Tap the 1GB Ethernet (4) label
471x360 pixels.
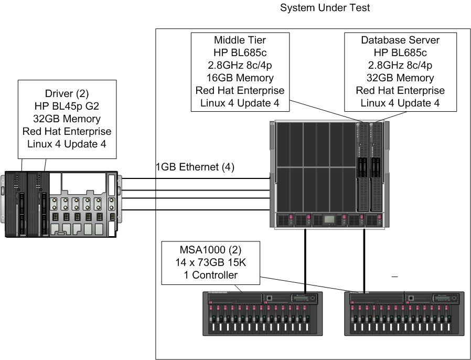[195, 167]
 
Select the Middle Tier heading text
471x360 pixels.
[240, 40]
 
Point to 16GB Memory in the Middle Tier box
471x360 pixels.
[240, 78]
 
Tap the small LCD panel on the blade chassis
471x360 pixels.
[328, 219]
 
